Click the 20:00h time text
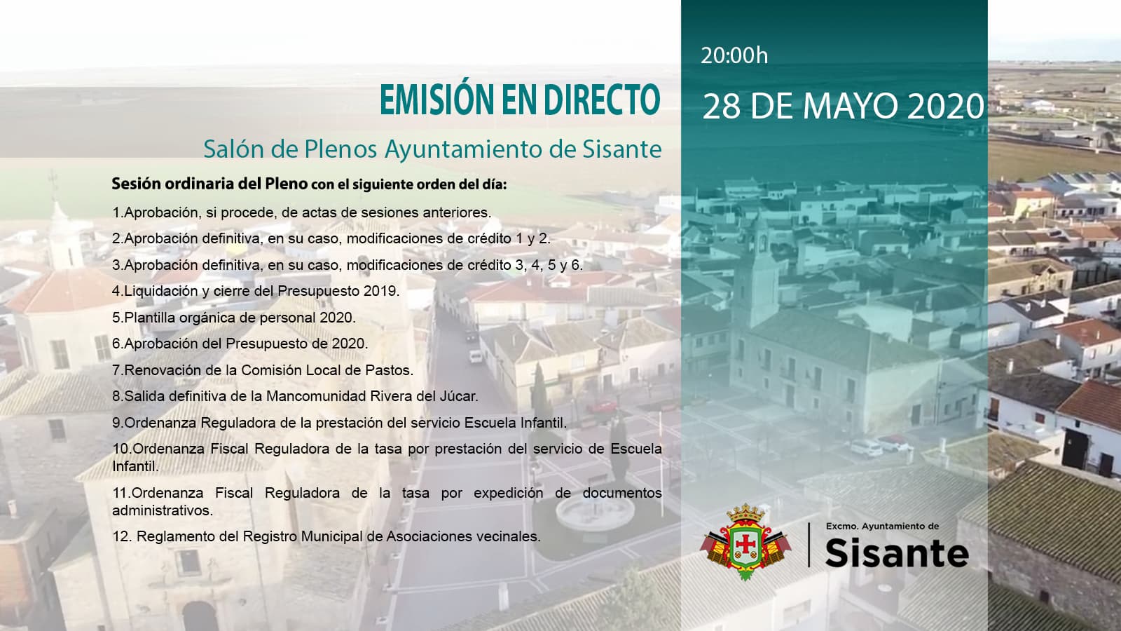click(734, 55)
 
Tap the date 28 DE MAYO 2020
click(844, 106)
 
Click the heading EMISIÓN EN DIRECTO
click(520, 100)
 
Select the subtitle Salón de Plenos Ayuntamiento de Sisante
click(432, 149)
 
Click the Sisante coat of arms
click(745, 542)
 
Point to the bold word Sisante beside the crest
click(897, 553)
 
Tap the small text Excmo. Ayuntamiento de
click(882, 527)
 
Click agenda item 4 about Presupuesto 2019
click(256, 291)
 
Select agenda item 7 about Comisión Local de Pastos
click(263, 370)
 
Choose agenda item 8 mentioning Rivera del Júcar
click(295, 396)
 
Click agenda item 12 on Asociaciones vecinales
click(326, 536)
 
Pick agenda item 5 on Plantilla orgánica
click(234, 318)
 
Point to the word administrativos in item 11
click(163, 510)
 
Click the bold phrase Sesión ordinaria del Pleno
click(209, 184)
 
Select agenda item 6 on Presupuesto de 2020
click(240, 344)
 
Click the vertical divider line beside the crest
click(809, 545)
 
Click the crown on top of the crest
click(745, 513)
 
